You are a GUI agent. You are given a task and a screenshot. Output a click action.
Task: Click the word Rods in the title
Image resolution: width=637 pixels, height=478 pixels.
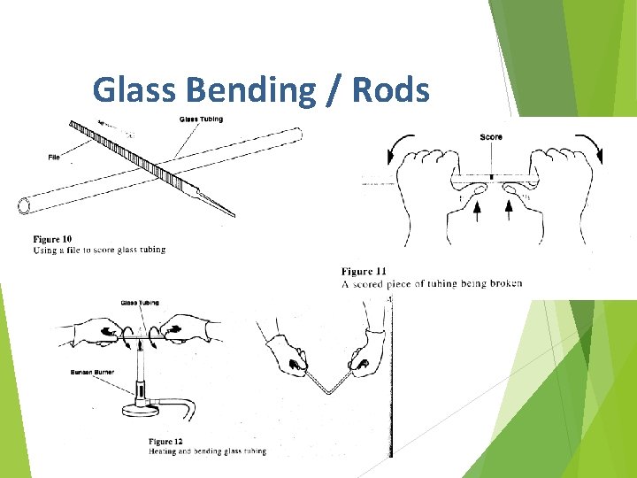pyautogui.click(x=390, y=90)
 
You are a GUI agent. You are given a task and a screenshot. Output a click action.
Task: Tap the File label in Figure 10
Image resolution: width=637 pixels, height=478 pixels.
pyautogui.click(x=54, y=158)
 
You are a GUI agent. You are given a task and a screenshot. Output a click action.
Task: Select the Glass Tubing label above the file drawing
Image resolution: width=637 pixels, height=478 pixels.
pyautogui.click(x=201, y=119)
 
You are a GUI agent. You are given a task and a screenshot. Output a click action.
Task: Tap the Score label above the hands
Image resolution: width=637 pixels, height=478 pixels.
pyautogui.click(x=491, y=136)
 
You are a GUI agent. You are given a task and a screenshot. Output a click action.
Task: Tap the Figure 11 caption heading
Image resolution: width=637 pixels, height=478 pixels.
pyautogui.click(x=364, y=271)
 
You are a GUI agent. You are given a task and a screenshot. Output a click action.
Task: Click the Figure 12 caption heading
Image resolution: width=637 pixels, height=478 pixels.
pyautogui.click(x=165, y=441)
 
